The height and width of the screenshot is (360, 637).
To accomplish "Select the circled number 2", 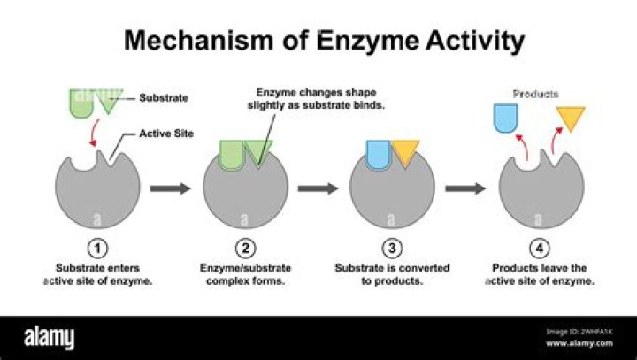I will pos(246,249).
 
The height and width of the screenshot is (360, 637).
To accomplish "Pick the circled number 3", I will pos(392,249).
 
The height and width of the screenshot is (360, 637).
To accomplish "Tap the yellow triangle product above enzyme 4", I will pos(572,116).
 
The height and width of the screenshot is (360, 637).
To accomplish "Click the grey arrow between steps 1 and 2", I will pos(171,188).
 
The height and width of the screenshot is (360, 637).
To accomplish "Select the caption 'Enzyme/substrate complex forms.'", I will pos(246,274).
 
